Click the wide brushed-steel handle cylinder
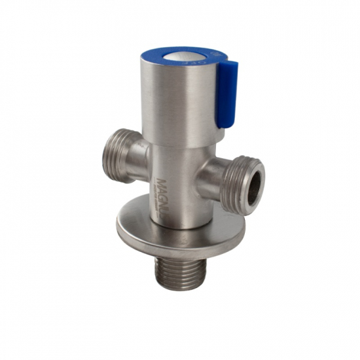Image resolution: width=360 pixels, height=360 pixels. pos(177,98)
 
